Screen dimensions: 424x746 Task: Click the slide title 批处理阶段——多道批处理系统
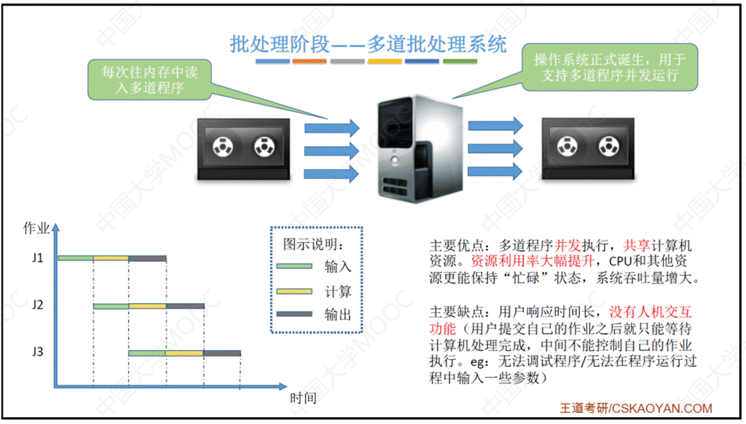coord(368,44)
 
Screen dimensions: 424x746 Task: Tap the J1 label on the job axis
coord(38,259)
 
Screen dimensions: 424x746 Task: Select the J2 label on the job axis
coord(38,305)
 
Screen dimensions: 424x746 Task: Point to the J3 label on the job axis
coord(38,352)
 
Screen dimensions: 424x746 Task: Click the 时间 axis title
coord(303,398)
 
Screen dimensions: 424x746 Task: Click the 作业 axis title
coord(36,228)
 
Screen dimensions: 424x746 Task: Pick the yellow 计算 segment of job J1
coord(111,259)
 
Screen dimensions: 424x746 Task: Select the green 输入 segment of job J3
coord(147,353)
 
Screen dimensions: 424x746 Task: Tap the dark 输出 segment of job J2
coord(185,306)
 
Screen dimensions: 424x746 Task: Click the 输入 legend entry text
coord(338,266)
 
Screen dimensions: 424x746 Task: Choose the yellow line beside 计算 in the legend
coord(295,291)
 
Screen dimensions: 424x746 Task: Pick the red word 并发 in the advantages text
coord(567,246)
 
